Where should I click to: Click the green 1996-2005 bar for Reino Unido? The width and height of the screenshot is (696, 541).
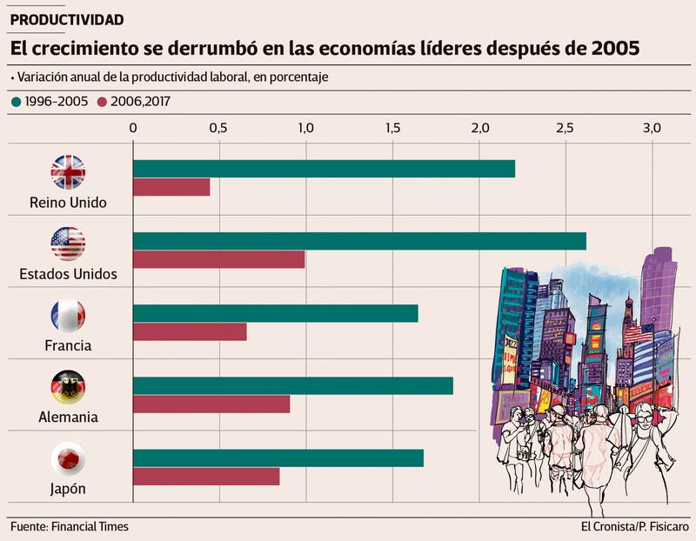(x=323, y=169)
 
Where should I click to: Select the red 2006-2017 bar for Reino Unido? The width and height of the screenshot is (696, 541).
(x=171, y=187)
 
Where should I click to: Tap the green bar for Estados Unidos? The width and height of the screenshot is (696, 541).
(x=358, y=241)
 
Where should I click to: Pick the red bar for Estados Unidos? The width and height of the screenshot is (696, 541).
(x=218, y=259)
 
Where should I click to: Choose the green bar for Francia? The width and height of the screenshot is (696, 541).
(x=275, y=313)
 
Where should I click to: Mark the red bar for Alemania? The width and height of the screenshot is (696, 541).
(x=211, y=404)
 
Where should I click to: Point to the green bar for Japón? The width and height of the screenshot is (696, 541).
(x=278, y=458)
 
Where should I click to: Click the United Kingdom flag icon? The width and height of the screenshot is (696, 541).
(x=68, y=172)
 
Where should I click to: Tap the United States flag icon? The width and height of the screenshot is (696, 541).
(x=68, y=244)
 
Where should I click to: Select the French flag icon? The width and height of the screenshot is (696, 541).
(x=68, y=316)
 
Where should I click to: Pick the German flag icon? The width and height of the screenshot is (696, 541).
(x=68, y=387)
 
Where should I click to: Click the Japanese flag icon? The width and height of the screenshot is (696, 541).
(x=68, y=458)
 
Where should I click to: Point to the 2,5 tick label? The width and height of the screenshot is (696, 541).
(x=565, y=128)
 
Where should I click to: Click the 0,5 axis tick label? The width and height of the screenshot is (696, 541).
(x=218, y=128)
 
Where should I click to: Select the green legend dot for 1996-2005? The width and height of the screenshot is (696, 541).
(x=16, y=102)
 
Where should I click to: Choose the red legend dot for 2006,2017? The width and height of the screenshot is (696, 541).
(x=102, y=102)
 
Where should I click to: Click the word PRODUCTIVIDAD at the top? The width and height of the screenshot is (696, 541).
(x=67, y=19)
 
